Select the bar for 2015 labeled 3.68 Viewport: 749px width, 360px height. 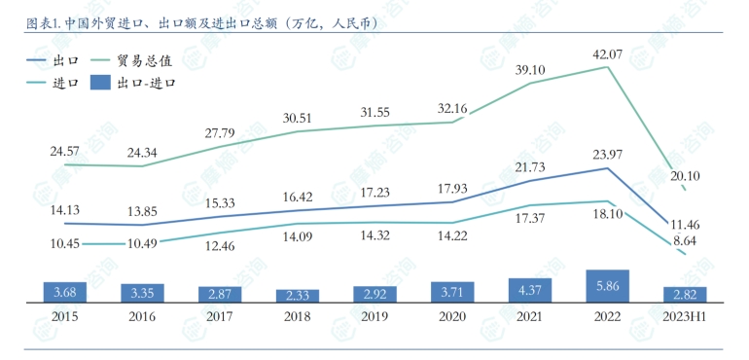[x=64, y=292]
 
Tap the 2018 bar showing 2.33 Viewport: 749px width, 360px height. [x=297, y=295]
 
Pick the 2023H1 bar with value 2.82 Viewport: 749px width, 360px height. [x=686, y=294]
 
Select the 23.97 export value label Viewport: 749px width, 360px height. [x=608, y=153]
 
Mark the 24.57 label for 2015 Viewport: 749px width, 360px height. [x=64, y=151]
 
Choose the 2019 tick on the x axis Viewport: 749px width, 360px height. [x=374, y=317]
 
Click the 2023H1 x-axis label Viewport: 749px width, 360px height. [x=686, y=317]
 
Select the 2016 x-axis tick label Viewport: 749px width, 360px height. [x=142, y=317]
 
